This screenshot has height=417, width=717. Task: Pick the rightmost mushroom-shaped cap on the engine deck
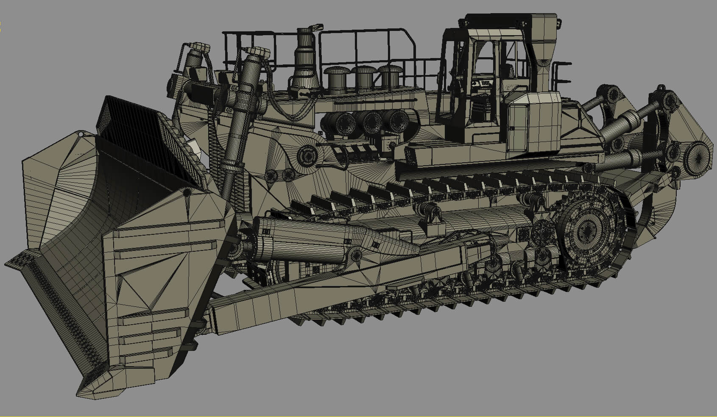point(390,76)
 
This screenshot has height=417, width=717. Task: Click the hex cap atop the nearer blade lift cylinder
point(257,53)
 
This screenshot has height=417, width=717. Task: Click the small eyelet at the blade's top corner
point(81,134)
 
